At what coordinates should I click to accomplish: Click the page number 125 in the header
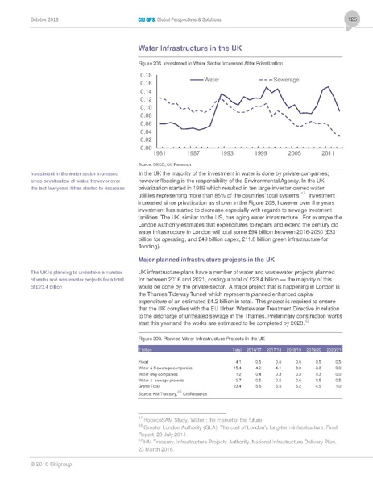(x=353, y=19)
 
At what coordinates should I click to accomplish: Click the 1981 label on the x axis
(x=160, y=153)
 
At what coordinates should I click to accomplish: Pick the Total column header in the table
(x=237, y=351)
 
